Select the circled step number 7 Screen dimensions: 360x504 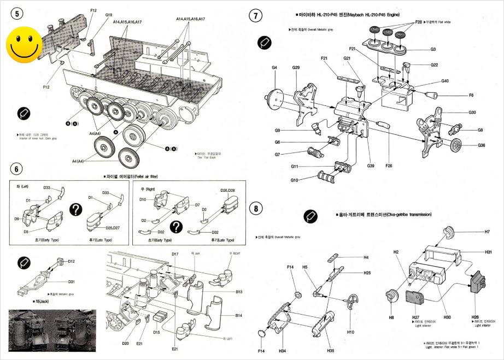pyautogui.click(x=256, y=15)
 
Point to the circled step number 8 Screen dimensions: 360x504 pyautogui.click(x=255, y=209)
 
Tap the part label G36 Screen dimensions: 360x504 pyautogui.click(x=481, y=145)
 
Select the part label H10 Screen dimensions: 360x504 pyautogui.click(x=350, y=332)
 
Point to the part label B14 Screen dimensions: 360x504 pyautogui.click(x=239, y=316)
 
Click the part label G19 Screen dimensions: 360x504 pyautogui.click(x=109, y=15)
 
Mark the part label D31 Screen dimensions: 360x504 pyautogui.click(x=72, y=282)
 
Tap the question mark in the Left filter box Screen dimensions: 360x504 pyautogui.click(x=76, y=209)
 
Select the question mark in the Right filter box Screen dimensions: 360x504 pyautogui.click(x=176, y=226)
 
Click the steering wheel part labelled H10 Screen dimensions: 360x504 pyautogui.click(x=352, y=302)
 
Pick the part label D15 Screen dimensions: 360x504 pyautogui.click(x=156, y=332)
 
